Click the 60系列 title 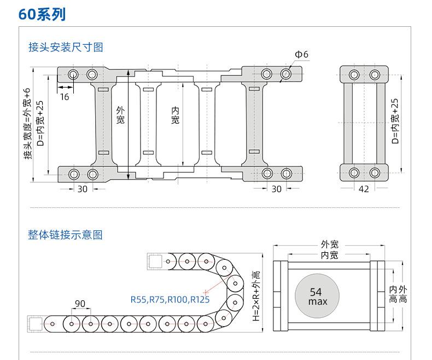(42, 14)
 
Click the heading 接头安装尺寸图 (66, 47)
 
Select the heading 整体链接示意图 (66, 235)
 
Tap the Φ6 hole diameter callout (301, 54)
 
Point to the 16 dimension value (65, 96)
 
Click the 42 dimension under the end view (364, 189)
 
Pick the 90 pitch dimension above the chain (80, 304)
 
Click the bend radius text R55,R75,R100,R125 (170, 299)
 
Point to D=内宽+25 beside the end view (395, 121)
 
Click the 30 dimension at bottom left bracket (82, 189)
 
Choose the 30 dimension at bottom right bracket (276, 189)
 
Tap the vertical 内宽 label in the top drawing (175, 115)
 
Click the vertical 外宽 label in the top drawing (121, 115)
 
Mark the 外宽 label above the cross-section (329, 245)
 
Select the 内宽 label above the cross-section (329, 255)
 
